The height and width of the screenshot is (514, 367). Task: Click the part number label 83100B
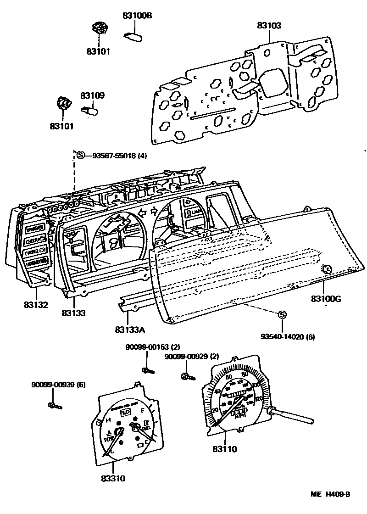coord(137,16)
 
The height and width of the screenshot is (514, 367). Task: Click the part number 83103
coord(269,26)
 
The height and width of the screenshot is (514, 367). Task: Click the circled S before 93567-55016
coord(81,155)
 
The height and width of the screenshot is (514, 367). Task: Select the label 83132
coord(36,304)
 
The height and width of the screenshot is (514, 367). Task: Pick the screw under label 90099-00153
coord(147,369)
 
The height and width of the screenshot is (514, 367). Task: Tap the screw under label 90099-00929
coord(187,376)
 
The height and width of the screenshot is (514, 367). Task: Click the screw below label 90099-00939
coord(54,405)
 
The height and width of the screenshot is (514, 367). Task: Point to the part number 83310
coord(113,478)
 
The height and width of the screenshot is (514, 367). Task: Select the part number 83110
coord(225,449)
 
